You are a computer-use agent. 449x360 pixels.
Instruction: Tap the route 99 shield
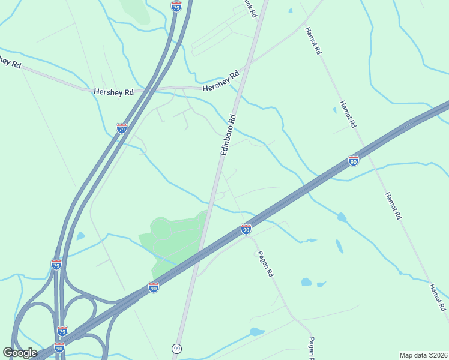176,348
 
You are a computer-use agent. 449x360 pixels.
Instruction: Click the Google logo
20,352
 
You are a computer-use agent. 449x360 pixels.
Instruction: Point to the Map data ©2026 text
423,355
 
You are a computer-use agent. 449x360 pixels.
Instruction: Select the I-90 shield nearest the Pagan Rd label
246,229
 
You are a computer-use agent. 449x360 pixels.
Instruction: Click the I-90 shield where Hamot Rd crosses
354,161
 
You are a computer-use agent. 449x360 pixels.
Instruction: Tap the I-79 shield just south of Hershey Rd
121,128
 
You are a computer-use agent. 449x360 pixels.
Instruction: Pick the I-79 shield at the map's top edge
176,5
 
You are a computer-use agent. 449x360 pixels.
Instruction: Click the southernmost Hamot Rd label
438,297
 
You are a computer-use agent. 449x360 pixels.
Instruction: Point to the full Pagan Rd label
265,265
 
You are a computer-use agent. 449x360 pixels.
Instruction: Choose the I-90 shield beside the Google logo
59,347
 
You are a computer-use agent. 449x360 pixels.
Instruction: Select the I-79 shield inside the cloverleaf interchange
62,331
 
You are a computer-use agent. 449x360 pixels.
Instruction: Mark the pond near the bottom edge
256,332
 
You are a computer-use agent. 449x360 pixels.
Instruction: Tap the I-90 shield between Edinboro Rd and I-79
154,287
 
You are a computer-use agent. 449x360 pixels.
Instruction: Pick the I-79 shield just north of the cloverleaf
56,265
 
